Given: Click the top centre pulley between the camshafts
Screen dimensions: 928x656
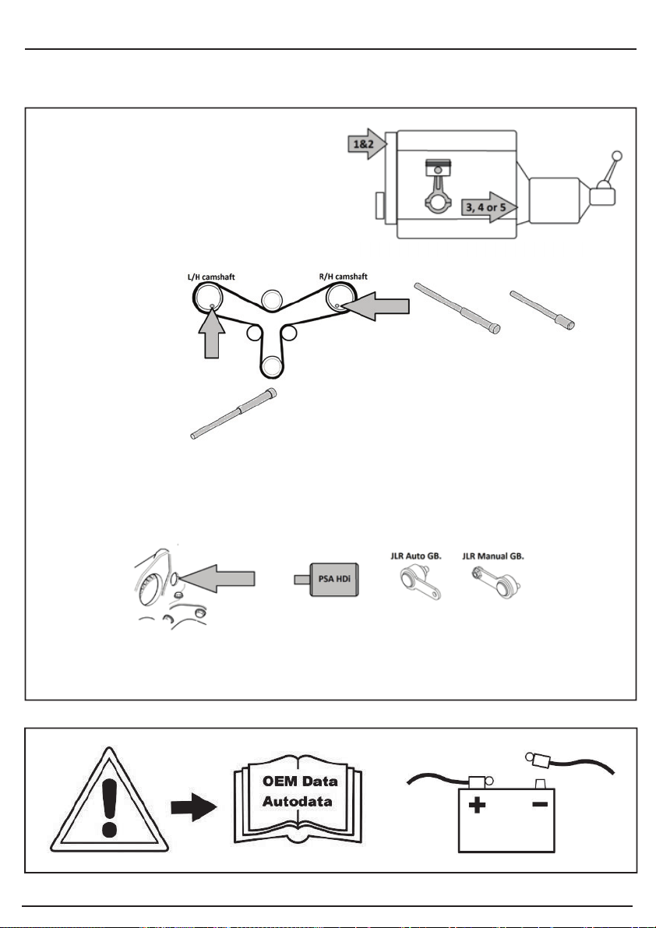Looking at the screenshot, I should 270,299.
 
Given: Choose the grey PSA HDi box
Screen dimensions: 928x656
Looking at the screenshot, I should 333,579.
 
